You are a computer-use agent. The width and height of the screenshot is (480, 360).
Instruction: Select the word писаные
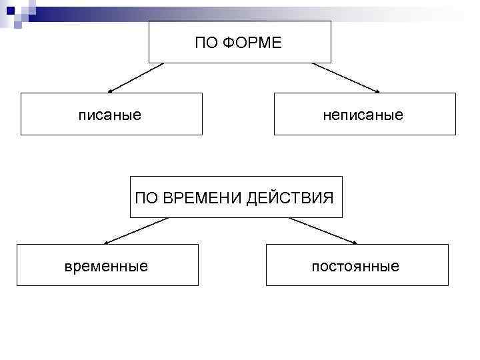(x=110, y=115)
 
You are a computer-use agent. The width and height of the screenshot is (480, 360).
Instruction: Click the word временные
(x=107, y=267)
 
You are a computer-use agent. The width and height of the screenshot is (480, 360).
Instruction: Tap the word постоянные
(x=356, y=267)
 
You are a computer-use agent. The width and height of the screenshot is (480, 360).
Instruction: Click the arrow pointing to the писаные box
(x=136, y=77)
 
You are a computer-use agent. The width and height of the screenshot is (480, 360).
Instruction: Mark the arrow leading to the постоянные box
(x=323, y=231)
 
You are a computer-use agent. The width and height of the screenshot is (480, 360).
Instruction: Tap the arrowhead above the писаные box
(x=111, y=90)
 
